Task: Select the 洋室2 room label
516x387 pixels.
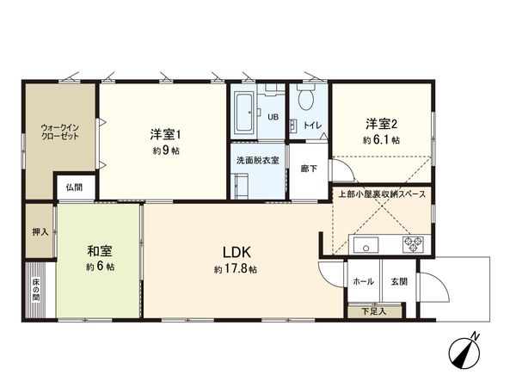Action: pos(379,123)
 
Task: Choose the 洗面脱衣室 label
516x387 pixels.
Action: pos(257,161)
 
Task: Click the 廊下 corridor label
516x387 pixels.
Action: pos(307,169)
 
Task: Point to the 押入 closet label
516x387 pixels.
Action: pos(39,231)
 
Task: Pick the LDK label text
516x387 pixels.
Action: pos(236,252)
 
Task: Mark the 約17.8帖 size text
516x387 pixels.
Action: pos(236,269)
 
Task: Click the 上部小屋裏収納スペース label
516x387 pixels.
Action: pos(382,195)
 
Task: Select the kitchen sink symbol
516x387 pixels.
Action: pos(365,243)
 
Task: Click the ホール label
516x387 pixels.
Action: pos(362,280)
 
